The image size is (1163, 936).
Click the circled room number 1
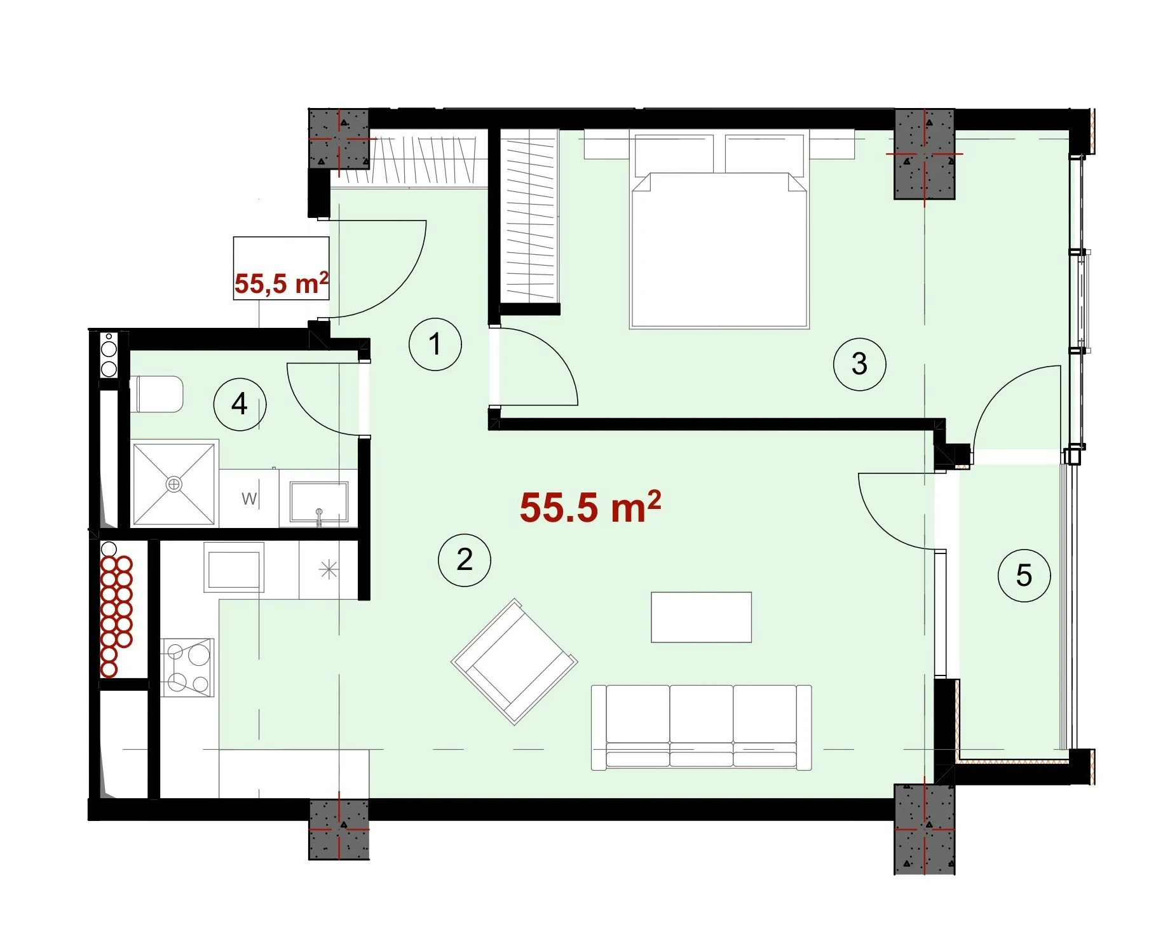(x=435, y=344)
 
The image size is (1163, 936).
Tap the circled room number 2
(x=465, y=560)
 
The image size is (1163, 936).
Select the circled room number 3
(x=859, y=364)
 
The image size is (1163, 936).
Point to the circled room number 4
(x=240, y=404)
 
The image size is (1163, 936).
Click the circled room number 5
(x=1024, y=576)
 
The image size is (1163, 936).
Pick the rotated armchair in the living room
(x=514, y=661)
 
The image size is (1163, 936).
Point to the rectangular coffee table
(x=702, y=617)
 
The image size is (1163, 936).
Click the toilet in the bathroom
(x=156, y=394)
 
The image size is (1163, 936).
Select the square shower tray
(x=174, y=484)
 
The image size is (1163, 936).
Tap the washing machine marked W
(x=249, y=498)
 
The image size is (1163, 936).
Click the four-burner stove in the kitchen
(x=187, y=667)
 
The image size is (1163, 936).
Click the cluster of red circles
(x=116, y=616)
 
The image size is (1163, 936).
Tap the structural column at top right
(x=924, y=154)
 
